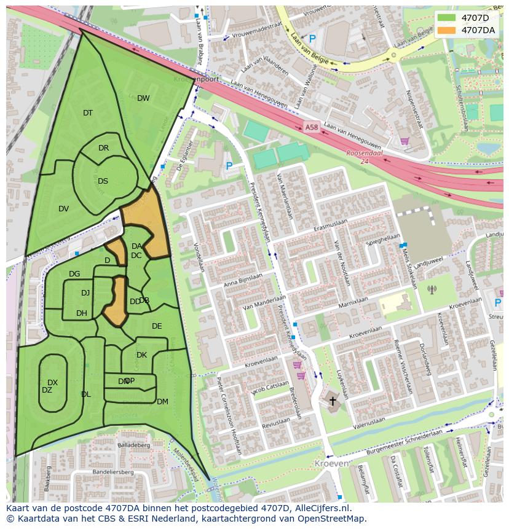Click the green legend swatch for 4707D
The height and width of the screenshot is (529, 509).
tap(447, 18)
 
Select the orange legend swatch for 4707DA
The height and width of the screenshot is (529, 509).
tap(447, 30)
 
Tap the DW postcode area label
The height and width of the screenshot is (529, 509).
tap(143, 98)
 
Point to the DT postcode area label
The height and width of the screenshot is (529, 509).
tap(88, 113)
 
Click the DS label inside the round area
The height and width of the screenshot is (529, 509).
tap(103, 181)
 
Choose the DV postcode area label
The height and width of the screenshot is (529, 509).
tap(63, 209)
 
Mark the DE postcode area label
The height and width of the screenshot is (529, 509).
tap(157, 326)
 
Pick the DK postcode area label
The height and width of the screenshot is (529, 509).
tap(141, 355)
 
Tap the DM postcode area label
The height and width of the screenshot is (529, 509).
tap(162, 402)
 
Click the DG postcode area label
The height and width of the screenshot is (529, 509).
tap(74, 274)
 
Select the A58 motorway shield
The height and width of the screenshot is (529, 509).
tap(312, 128)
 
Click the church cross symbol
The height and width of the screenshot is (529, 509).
tap(333, 401)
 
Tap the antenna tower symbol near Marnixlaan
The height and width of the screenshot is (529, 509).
tap(432, 289)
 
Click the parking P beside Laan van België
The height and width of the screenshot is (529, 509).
tap(312, 39)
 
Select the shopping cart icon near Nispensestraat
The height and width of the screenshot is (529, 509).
tap(404, 141)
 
